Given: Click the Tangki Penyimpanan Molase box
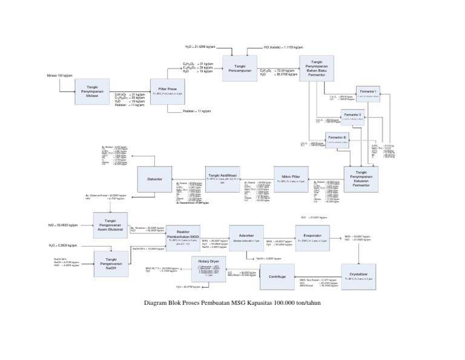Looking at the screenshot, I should [93, 91].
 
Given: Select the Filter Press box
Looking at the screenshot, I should [167, 92].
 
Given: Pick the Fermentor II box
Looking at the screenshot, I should [352, 117].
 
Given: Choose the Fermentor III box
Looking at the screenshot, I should [337, 140].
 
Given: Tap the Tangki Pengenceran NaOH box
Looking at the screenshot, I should [110, 265].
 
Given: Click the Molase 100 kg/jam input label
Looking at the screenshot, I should [59, 76].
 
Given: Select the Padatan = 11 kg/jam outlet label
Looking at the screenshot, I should [197, 112].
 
